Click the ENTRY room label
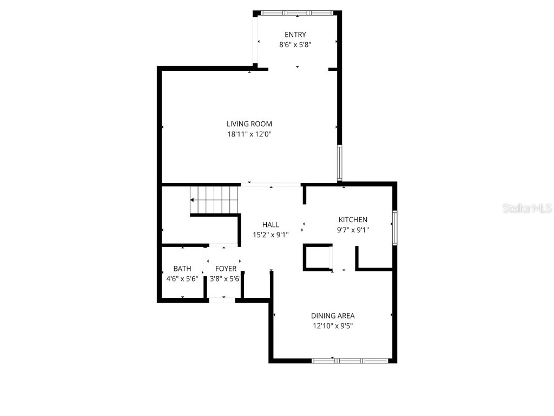pos(295,35)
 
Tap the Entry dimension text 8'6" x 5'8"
pos(295,45)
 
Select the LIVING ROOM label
pos(249,124)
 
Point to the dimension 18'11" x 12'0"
pos(249,134)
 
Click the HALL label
pos(271,225)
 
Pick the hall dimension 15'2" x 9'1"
pos(271,235)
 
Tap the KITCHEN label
pos(353,219)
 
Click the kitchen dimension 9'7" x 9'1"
pos(353,230)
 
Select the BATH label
pos(182,269)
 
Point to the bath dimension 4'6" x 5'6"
pos(182,279)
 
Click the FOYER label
pos(226,269)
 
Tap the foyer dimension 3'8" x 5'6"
pos(226,279)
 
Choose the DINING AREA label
pos(333,316)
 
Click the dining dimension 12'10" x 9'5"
pos(333,326)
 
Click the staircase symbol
pos(214,200)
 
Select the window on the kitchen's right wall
pos(395,228)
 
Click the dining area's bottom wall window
pos(350,360)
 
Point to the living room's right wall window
pos(339,162)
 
